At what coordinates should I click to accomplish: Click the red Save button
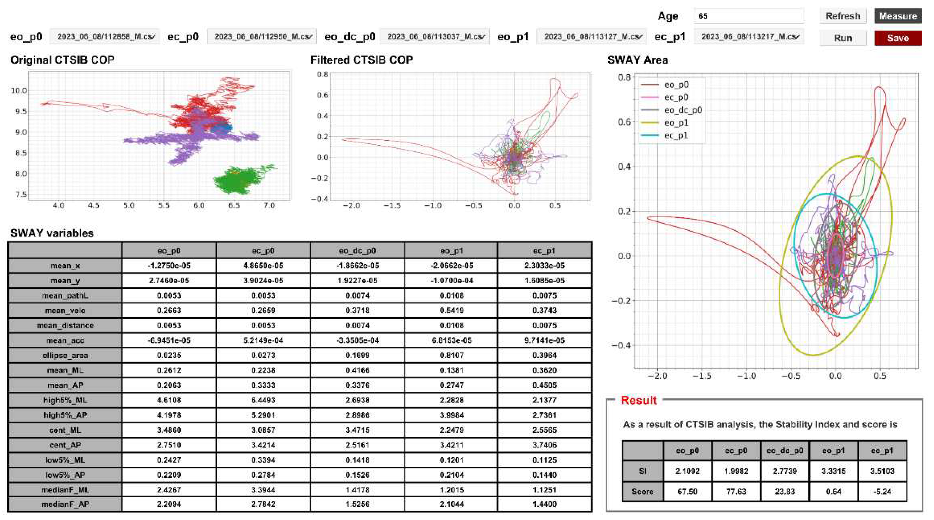[x=898, y=38]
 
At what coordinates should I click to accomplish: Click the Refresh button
[x=843, y=16]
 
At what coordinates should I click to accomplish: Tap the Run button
[x=843, y=38]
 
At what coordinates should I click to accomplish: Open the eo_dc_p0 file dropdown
[x=434, y=37]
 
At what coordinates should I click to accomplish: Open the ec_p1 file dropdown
[x=749, y=37]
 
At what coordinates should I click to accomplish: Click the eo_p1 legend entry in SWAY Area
[x=676, y=123]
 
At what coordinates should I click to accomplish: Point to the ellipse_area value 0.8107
[x=451, y=356]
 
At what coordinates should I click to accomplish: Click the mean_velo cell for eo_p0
[x=169, y=310]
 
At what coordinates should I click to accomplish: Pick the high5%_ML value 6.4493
[x=263, y=400]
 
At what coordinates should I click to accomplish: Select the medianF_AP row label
[x=65, y=504]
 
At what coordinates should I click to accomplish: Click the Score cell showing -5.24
[x=882, y=491]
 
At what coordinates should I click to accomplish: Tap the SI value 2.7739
[x=785, y=471]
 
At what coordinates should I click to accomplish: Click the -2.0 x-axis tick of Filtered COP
[x=351, y=205]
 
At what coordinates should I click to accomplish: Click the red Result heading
[x=639, y=400]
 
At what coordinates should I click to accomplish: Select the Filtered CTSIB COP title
[x=361, y=60]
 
